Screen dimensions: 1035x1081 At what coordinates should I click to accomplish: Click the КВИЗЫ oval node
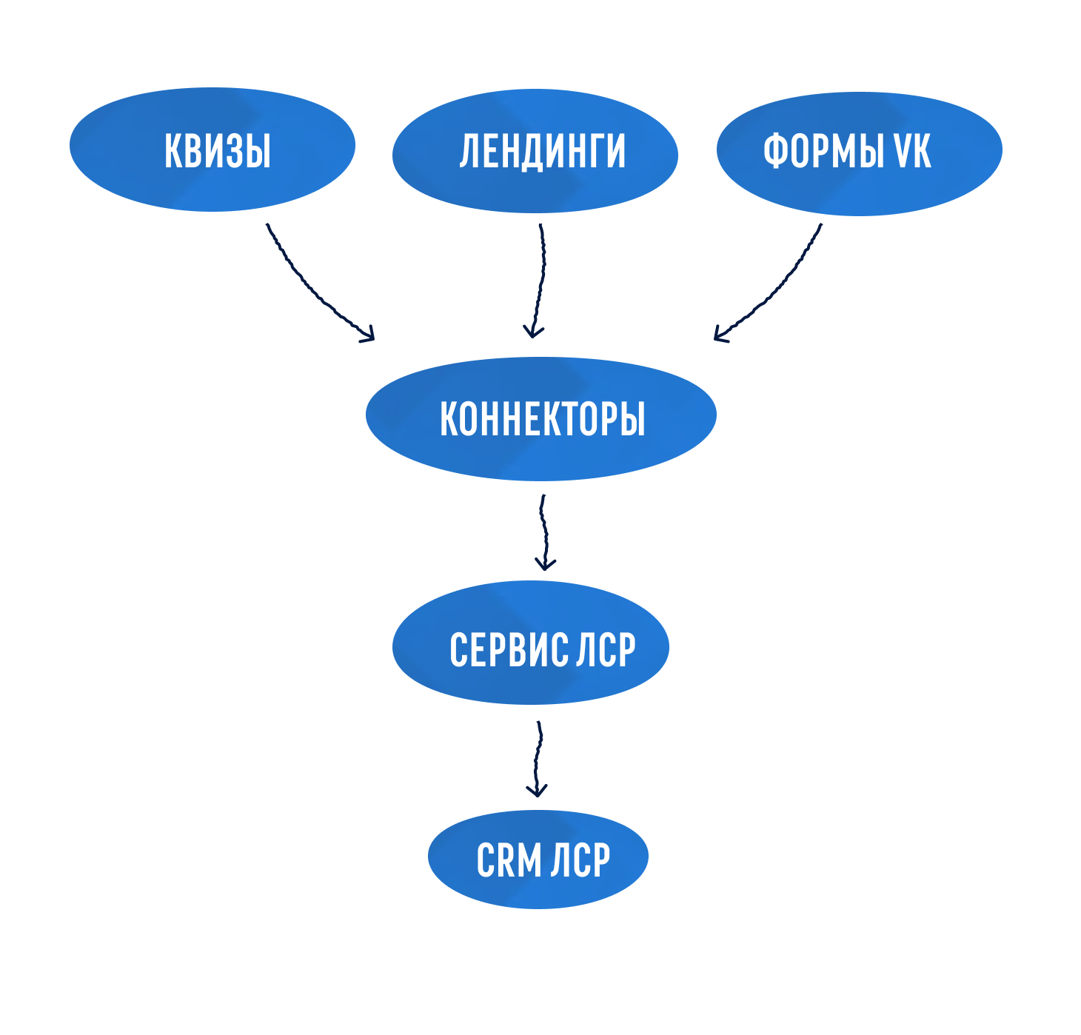click(x=212, y=150)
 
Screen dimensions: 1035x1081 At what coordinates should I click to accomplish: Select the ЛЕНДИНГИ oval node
click(x=535, y=151)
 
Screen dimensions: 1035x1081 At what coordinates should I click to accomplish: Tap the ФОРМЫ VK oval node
click(x=859, y=153)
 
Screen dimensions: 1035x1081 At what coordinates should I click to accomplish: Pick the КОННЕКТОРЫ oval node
click(x=540, y=419)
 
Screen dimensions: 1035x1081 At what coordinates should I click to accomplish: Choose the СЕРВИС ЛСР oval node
click(x=530, y=643)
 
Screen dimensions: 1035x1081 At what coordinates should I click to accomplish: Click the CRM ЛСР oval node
click(x=538, y=859)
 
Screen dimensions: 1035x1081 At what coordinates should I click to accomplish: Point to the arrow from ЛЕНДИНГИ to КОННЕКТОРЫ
click(x=540, y=281)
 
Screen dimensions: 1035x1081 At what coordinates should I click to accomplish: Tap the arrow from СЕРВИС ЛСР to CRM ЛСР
click(x=538, y=758)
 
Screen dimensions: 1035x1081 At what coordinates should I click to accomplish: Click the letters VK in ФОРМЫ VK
click(x=911, y=151)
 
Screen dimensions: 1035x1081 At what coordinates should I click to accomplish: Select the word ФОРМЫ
click(x=823, y=151)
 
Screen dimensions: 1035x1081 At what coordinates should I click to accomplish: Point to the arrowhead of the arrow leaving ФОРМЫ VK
click(x=720, y=335)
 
